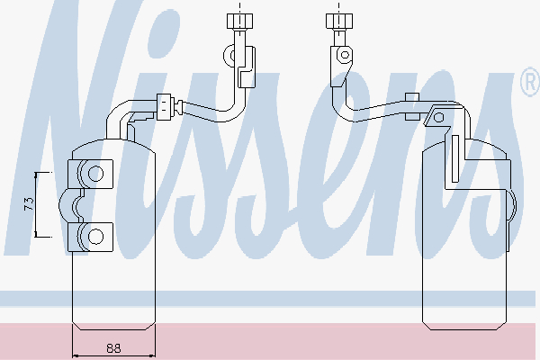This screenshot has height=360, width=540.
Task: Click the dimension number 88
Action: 113,348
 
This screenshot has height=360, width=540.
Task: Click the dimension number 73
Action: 30,203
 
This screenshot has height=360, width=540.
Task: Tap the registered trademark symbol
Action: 530,82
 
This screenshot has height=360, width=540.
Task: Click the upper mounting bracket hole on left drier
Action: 95,174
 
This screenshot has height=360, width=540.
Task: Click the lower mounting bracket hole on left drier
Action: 95,237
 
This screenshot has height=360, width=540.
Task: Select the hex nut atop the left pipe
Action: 239,21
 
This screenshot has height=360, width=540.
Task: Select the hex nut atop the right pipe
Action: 339,21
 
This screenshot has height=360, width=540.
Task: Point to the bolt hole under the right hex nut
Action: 345,54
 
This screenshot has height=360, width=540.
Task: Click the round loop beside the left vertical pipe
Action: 230,56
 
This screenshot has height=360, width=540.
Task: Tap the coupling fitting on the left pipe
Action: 164,107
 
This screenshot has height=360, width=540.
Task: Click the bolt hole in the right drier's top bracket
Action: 438,118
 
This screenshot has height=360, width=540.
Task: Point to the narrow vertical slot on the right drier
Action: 455,158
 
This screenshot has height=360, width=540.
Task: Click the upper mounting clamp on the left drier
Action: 91,174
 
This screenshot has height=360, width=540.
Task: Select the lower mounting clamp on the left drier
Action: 91,237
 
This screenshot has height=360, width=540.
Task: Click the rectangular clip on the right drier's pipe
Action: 412,106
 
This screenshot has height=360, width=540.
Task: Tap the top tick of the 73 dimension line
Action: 36,173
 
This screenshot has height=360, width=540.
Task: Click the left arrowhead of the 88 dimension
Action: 76,355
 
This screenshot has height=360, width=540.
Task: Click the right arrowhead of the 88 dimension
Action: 152,355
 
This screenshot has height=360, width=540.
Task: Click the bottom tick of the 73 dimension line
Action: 36,237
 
